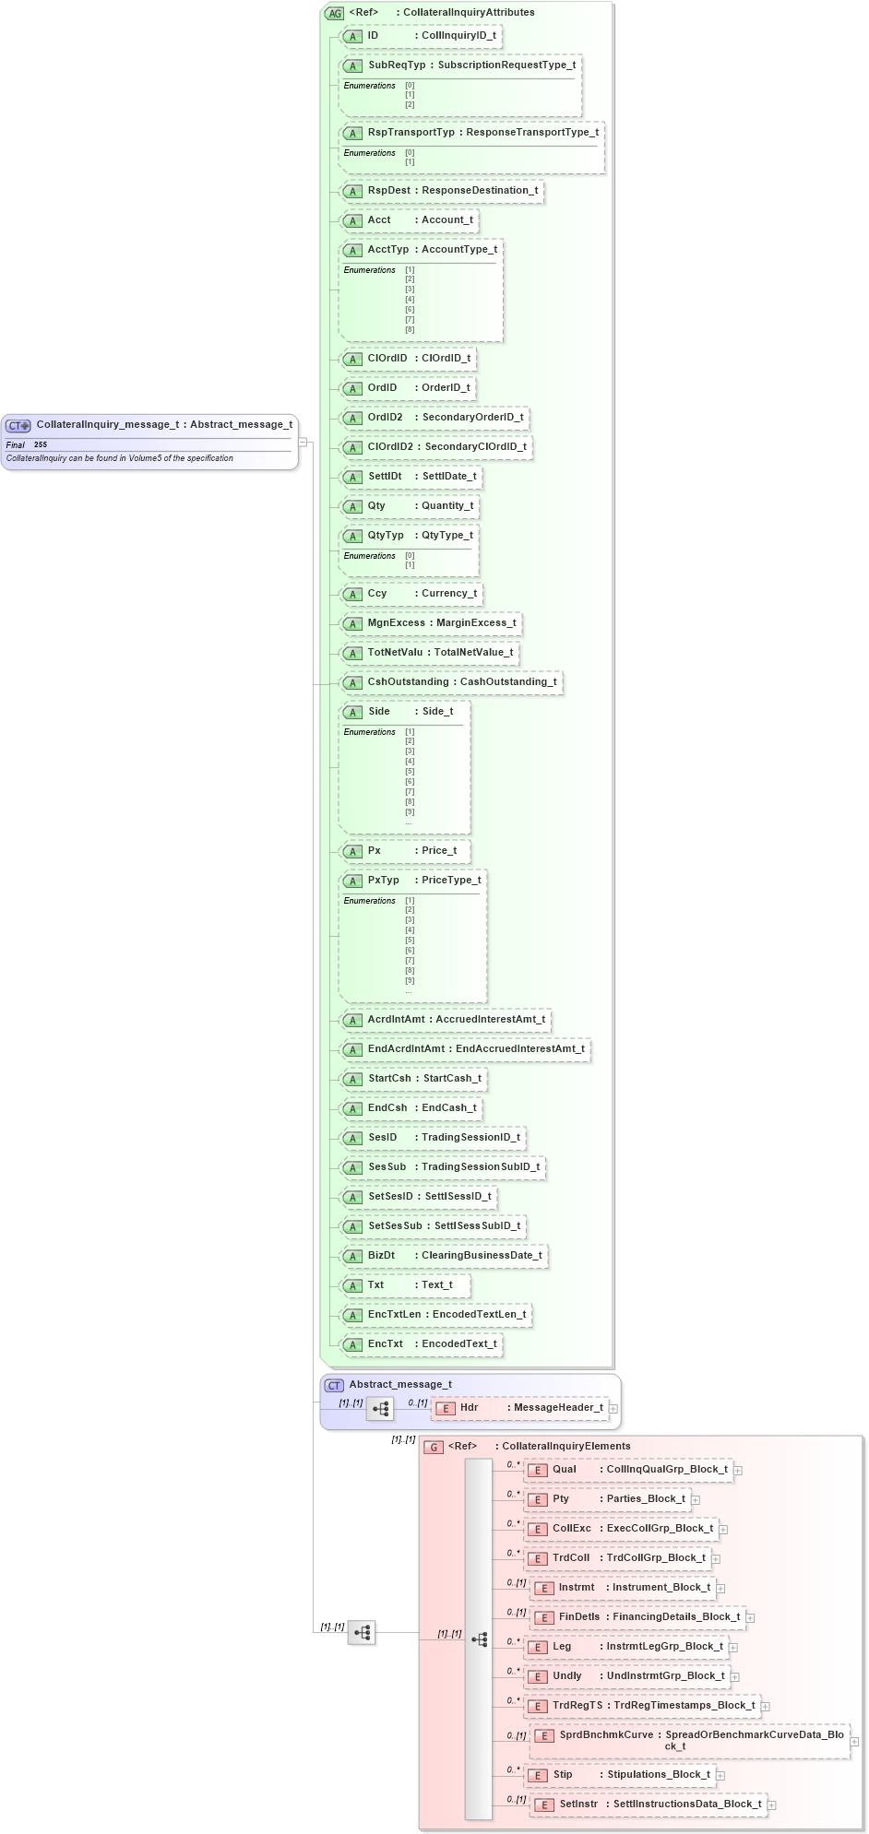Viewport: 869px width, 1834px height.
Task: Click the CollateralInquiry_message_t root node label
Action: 163,425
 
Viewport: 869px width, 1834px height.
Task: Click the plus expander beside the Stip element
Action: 720,1775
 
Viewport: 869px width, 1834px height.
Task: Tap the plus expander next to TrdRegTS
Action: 766,1706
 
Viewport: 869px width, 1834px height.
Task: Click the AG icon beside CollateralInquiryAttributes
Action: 334,13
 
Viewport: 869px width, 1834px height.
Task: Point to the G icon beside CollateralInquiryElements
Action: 434,1447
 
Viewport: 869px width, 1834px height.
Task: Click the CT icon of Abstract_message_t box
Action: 334,1385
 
